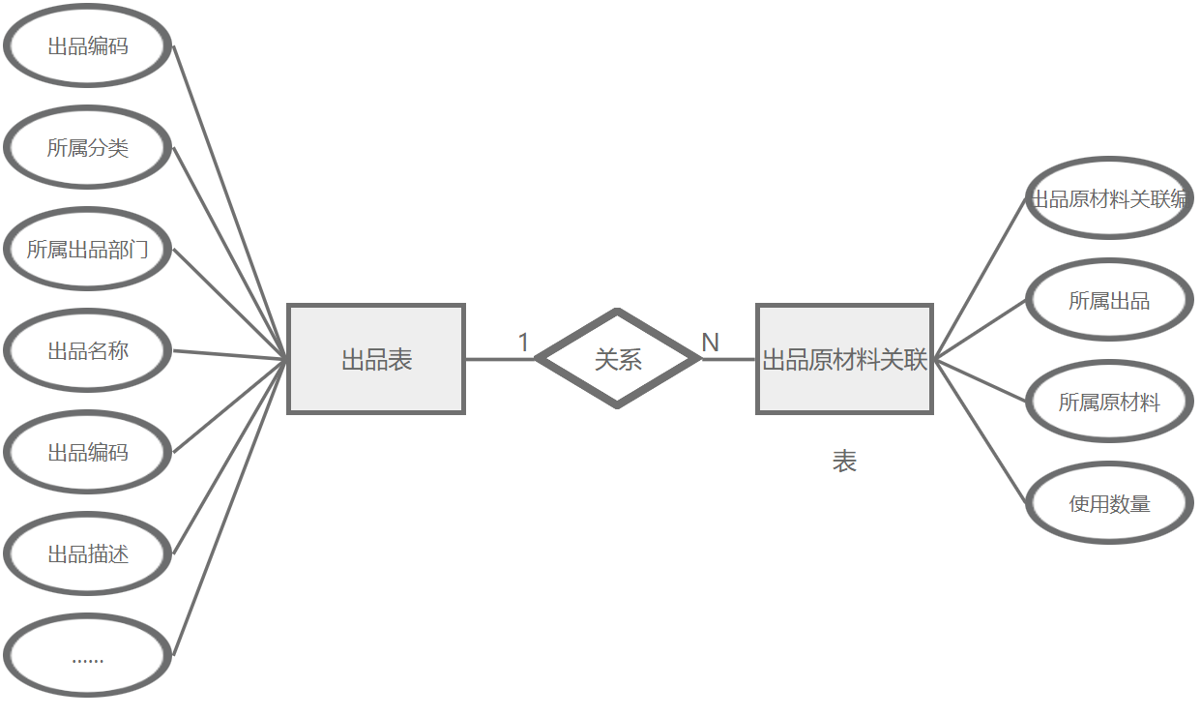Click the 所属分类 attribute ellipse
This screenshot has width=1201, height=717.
click(x=88, y=148)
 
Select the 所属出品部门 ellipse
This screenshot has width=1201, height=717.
click(x=88, y=250)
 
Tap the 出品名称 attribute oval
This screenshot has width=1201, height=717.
click(x=88, y=351)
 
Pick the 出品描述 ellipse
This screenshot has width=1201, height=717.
click(x=88, y=554)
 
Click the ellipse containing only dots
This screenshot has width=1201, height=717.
click(x=88, y=656)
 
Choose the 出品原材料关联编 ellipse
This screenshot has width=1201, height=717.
click(x=1109, y=199)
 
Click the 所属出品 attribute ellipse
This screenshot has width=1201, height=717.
click(x=1109, y=300)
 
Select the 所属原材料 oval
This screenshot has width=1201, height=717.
click(x=1109, y=402)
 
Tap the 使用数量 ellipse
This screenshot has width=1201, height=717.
click(x=1109, y=503)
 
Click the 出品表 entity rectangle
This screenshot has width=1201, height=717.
click(x=376, y=359)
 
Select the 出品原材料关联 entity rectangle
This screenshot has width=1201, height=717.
click(x=844, y=359)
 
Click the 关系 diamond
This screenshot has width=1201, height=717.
click(x=617, y=359)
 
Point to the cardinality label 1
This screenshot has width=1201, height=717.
click(x=523, y=343)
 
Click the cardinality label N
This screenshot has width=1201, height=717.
click(x=710, y=343)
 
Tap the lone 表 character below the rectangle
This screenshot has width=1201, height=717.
click(x=844, y=463)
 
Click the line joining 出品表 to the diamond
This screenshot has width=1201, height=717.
click(x=499, y=359)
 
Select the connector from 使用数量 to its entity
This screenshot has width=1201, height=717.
click(x=980, y=431)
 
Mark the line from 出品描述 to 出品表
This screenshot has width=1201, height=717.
click(x=230, y=457)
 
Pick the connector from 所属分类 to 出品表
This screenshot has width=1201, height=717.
click(x=230, y=254)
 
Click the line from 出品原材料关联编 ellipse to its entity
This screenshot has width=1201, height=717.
click(x=980, y=280)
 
